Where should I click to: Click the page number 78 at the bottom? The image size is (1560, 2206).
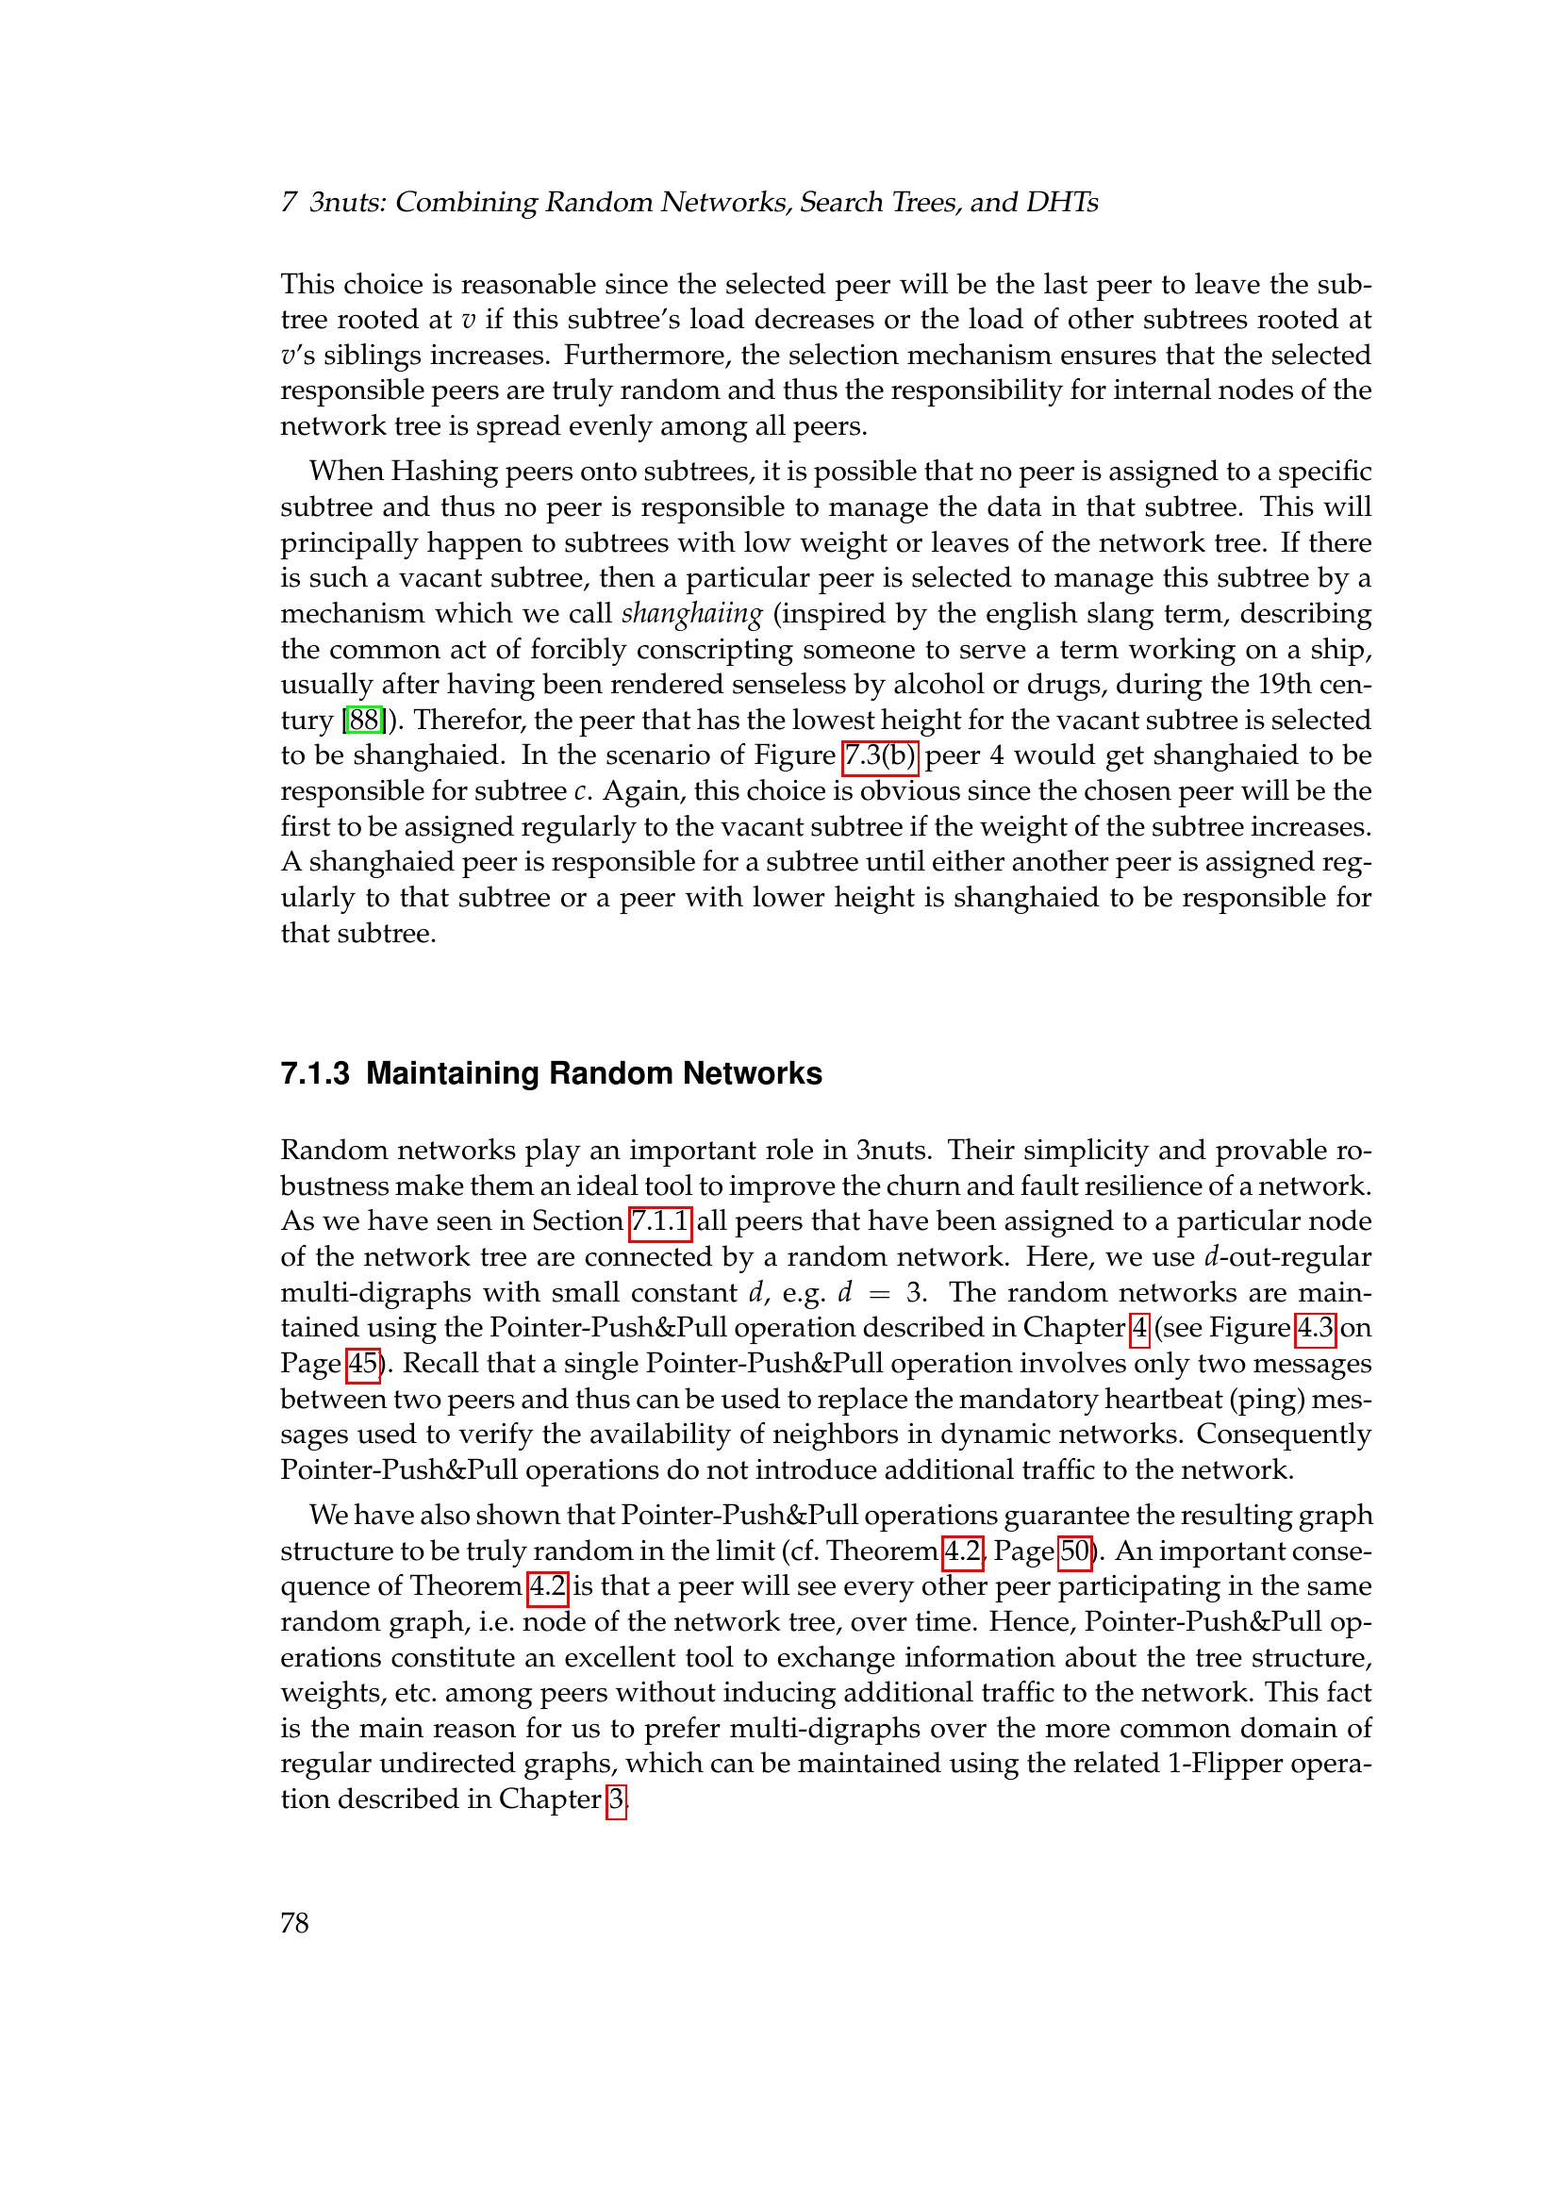click(x=294, y=1922)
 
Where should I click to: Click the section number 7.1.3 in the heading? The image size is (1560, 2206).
click(x=314, y=1073)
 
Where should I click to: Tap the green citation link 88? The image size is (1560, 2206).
click(x=364, y=720)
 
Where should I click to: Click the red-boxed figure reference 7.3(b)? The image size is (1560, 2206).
click(x=880, y=755)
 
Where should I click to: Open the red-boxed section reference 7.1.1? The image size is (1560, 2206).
click(x=660, y=1221)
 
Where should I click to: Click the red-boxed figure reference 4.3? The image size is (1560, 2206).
click(x=1315, y=1328)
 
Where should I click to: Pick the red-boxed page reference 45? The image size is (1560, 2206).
click(x=362, y=1364)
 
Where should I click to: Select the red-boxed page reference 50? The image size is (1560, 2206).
click(x=1075, y=1551)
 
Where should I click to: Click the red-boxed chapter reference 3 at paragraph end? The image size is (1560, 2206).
click(x=616, y=1799)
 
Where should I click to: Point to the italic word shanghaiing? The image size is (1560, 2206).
click(x=691, y=614)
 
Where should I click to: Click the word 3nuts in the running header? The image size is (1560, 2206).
click(x=347, y=202)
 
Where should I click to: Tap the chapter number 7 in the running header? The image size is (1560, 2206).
click(x=289, y=202)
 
